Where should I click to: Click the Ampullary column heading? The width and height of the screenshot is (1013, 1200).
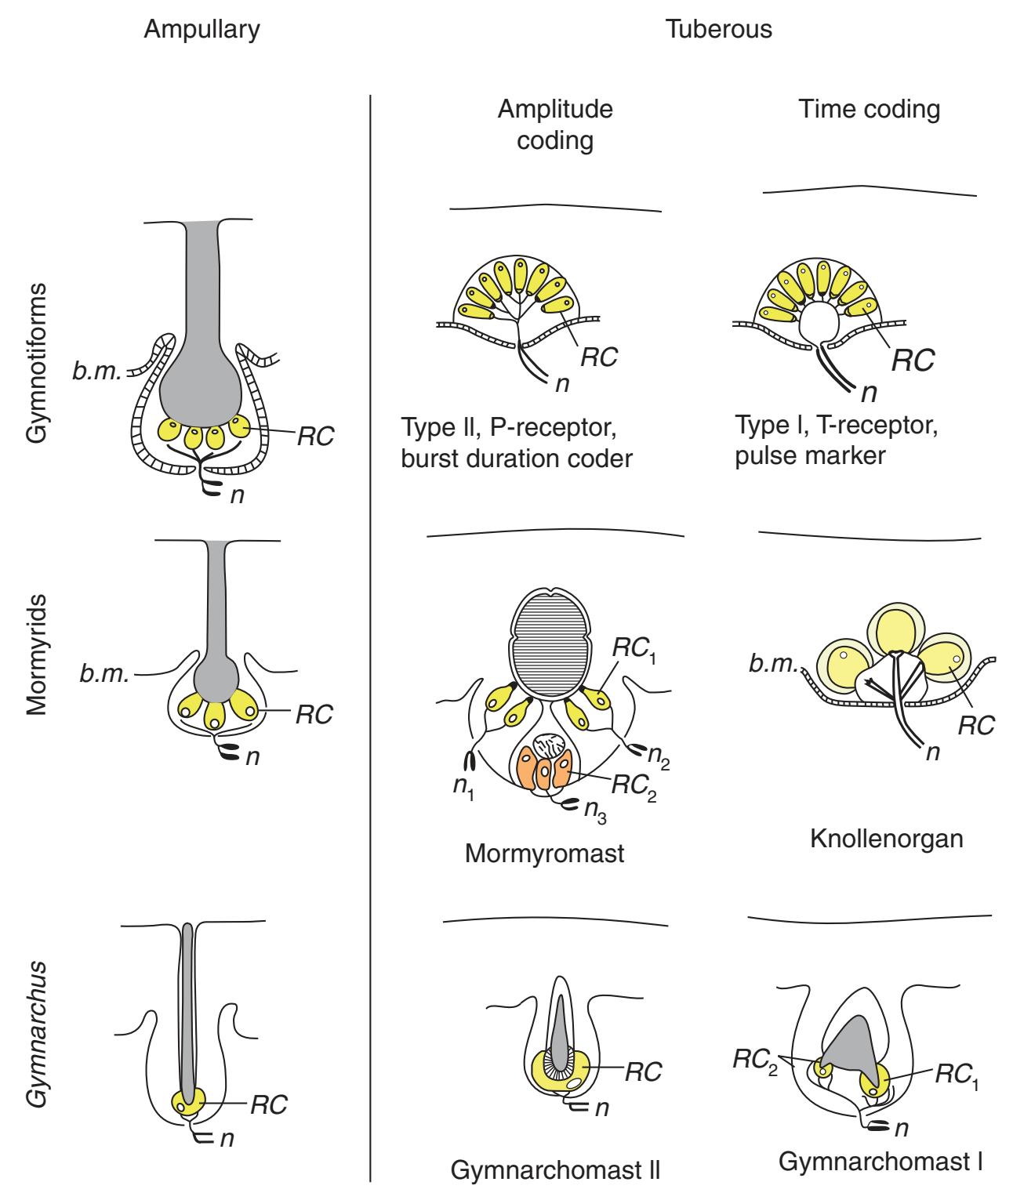click(202, 30)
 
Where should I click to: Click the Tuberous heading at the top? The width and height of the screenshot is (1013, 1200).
click(718, 30)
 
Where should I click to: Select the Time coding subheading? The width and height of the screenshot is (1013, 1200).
click(869, 110)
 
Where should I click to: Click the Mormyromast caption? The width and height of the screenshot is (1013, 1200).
click(544, 853)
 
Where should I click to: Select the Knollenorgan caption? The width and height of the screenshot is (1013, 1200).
click(885, 839)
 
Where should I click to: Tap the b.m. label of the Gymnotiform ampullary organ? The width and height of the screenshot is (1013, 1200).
click(96, 371)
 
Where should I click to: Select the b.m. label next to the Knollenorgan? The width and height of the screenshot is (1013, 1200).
click(772, 665)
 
